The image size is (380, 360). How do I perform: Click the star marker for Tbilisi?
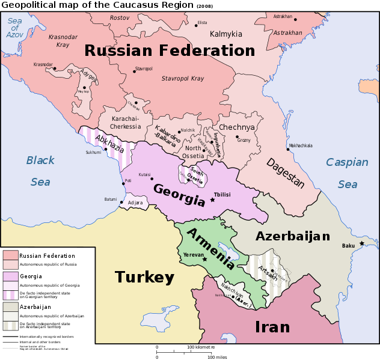[x=212, y=200]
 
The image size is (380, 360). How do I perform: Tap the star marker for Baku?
[x=361, y=243]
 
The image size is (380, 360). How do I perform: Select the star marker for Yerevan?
[x=204, y=259]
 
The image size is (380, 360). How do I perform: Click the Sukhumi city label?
[x=93, y=153]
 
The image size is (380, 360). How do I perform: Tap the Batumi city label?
[x=111, y=199]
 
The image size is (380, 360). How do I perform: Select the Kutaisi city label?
[x=144, y=174]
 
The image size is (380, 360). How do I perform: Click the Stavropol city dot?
[x=134, y=72]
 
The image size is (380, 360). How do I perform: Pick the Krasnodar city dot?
[x=55, y=68]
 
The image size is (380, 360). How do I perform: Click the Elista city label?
[x=202, y=23]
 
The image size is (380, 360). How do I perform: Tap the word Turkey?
[x=144, y=277]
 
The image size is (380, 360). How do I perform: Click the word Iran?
[x=272, y=327]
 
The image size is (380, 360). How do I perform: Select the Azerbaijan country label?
[x=293, y=236]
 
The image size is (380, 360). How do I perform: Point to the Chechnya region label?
[x=236, y=127]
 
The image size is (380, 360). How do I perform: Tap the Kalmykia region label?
[x=226, y=34]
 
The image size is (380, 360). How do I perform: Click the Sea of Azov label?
[x=14, y=28]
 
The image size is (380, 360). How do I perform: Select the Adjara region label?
[x=135, y=203]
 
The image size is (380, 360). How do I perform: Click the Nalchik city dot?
[x=179, y=132]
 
